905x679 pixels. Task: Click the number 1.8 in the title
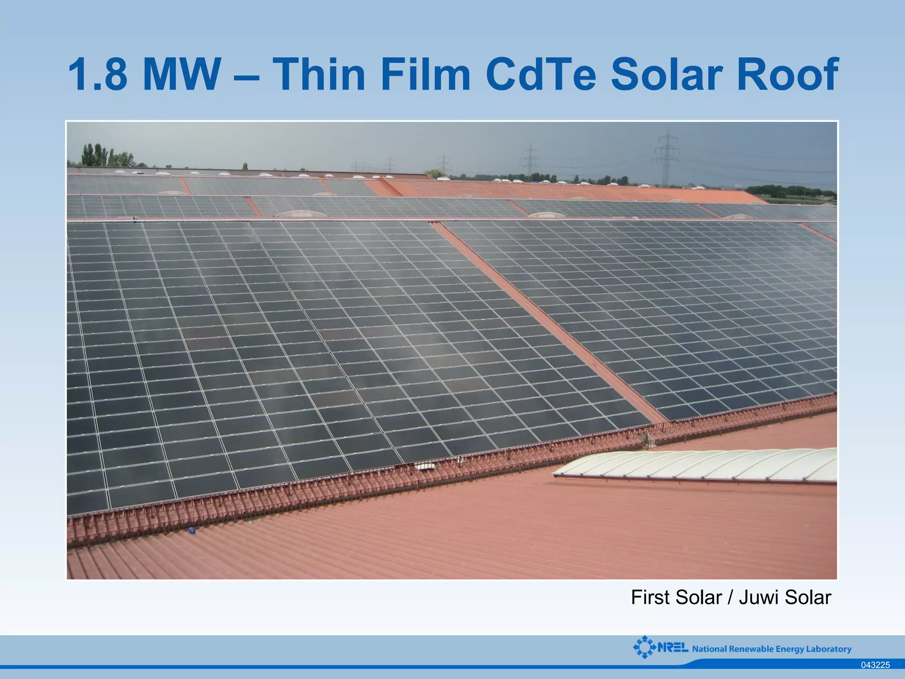(98, 74)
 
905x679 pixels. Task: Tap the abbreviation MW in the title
(182, 74)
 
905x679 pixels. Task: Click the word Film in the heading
(425, 74)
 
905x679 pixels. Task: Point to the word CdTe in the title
(541, 74)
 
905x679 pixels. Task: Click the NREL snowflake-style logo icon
(644, 647)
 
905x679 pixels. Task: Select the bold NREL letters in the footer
(673, 648)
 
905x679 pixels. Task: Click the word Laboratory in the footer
(829, 649)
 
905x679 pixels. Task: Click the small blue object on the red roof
(192, 530)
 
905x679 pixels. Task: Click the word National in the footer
(709, 649)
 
